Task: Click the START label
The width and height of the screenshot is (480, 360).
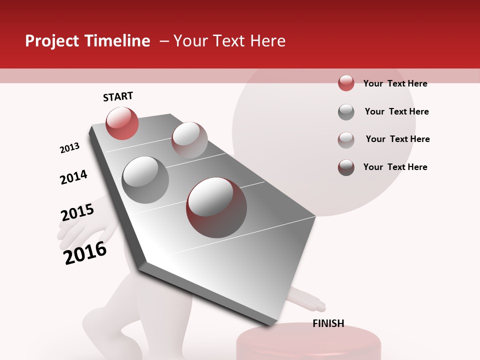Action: point(118,96)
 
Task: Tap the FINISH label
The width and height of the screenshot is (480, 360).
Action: point(328,323)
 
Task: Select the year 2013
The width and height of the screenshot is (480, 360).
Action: point(69,148)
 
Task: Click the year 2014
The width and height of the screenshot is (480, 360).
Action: point(73,177)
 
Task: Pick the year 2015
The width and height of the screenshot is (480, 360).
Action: point(77,212)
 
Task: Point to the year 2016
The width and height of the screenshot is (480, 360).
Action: point(85,253)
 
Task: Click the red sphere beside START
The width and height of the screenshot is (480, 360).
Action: point(122,123)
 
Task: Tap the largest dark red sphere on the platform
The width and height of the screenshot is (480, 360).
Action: point(216,207)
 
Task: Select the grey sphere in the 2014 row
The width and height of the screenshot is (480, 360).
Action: point(145,179)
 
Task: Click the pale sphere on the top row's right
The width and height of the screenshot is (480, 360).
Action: point(189,139)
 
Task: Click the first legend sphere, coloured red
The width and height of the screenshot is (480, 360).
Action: point(346,83)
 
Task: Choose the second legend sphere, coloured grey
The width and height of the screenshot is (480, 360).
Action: point(346,112)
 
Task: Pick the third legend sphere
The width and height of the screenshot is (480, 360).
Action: point(346,140)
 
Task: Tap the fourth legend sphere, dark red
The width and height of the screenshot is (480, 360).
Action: point(346,167)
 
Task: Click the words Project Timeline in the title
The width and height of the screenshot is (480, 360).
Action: point(87,41)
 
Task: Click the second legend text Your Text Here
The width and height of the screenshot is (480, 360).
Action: point(396,111)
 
